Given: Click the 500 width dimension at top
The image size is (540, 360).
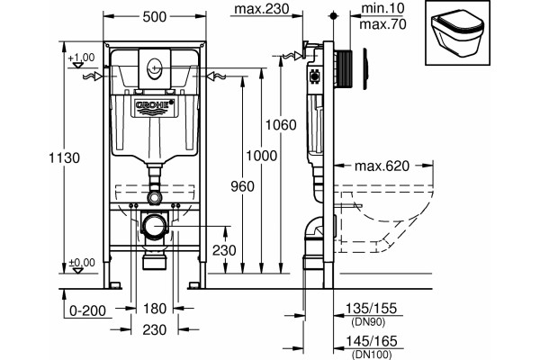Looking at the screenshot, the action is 155,16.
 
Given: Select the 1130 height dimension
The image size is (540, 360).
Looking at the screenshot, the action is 65,157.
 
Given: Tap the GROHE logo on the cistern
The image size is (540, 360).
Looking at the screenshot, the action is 155,104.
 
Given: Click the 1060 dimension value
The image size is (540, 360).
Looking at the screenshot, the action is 281,125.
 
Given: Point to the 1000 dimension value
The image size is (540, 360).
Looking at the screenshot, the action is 261,156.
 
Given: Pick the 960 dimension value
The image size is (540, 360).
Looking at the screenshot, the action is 242,186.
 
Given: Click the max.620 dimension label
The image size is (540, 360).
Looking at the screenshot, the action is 382,166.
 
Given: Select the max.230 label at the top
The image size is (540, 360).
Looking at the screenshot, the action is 262,9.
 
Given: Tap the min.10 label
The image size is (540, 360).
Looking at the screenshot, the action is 382,8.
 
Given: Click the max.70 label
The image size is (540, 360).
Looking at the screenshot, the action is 382,24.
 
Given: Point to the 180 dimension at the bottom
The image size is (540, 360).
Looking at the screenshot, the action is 155,309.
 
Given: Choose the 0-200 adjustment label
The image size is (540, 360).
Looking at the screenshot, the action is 87,310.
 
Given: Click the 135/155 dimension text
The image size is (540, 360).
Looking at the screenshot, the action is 371,308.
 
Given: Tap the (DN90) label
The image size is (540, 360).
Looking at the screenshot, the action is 368,322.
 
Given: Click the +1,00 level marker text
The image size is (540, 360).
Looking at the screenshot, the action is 81,58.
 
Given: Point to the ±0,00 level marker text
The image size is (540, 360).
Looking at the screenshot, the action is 82,263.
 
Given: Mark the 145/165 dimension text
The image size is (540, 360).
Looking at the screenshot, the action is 371,341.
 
